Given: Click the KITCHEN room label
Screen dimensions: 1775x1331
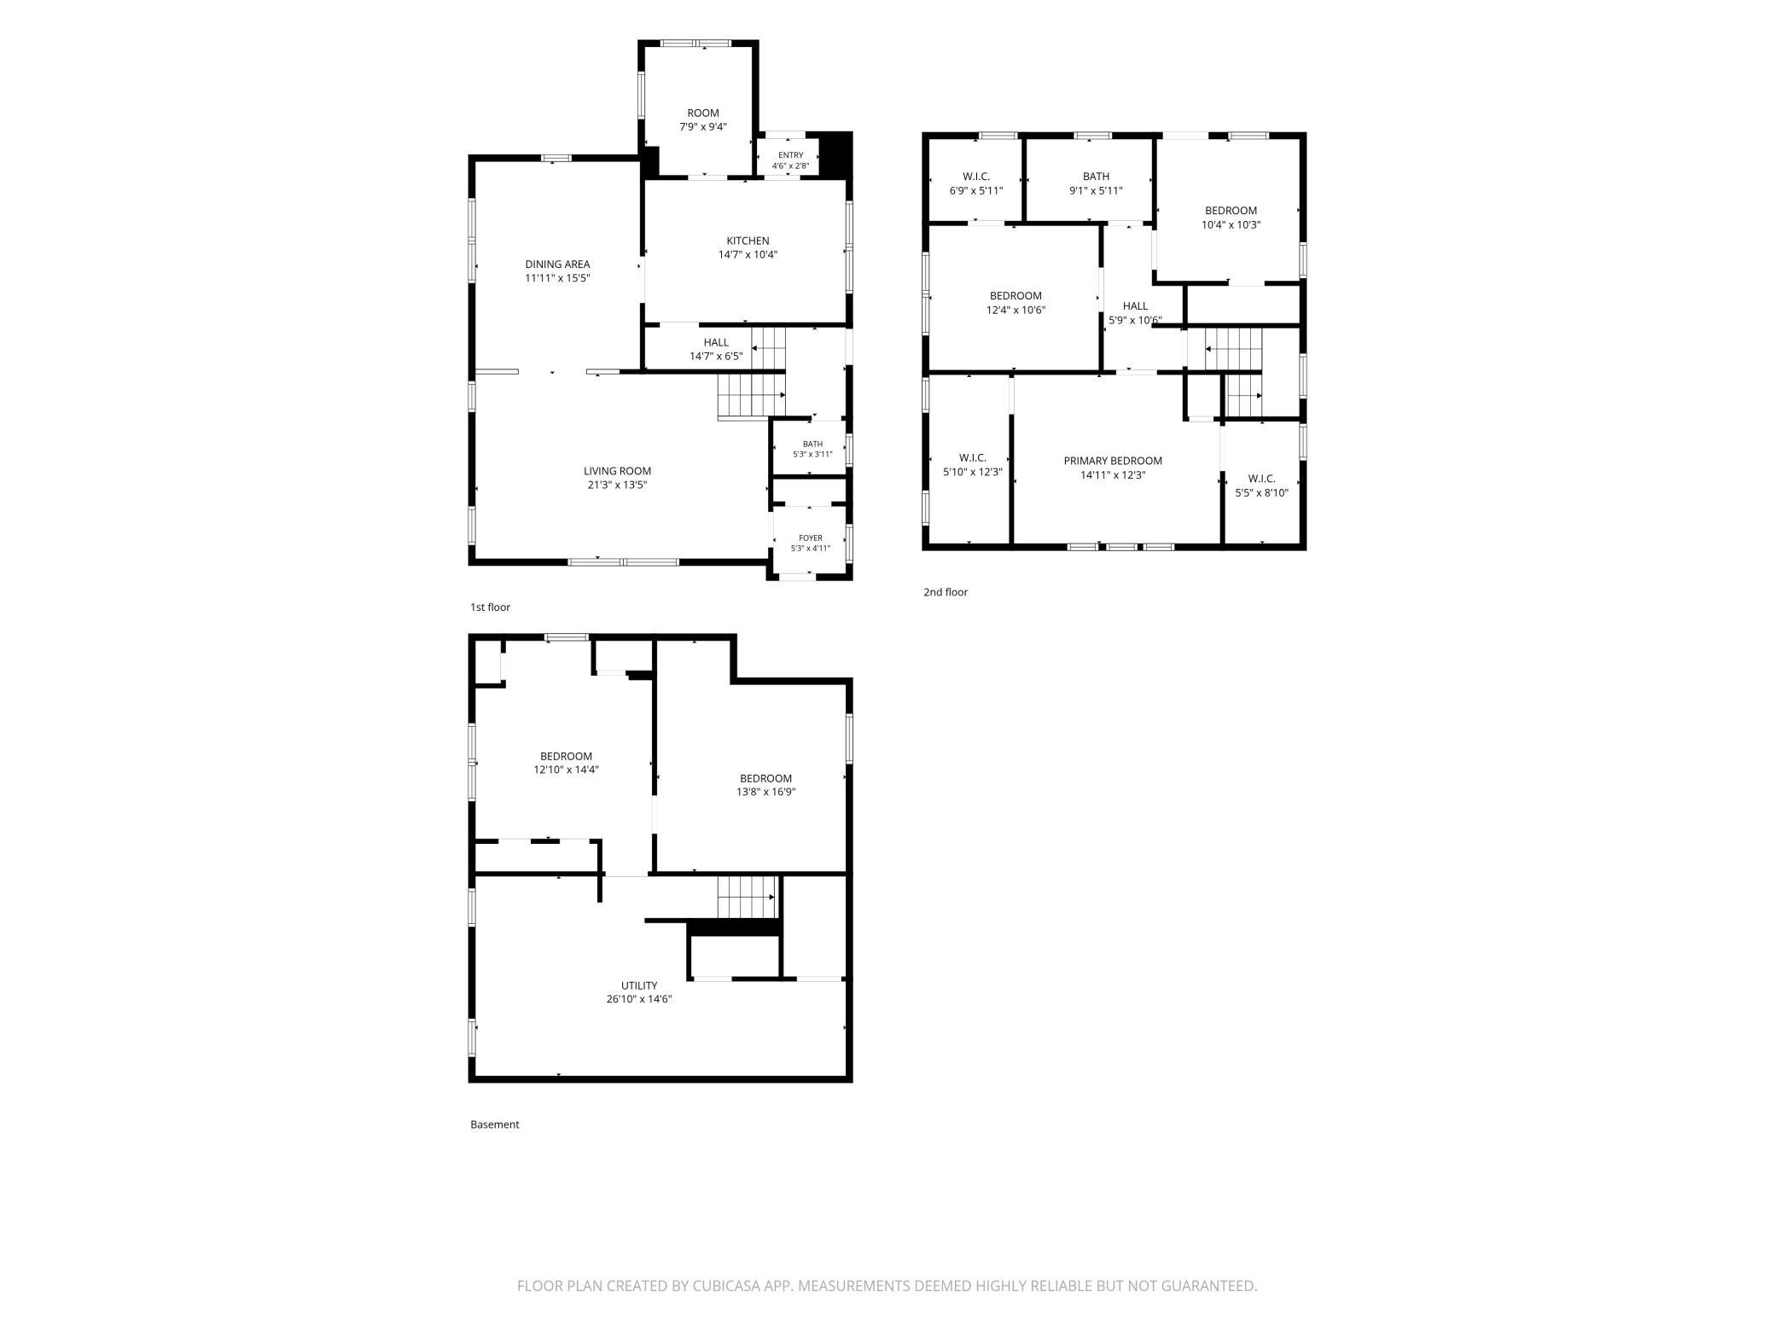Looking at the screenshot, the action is tap(748, 241).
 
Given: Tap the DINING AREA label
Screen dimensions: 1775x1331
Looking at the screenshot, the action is tap(557, 264).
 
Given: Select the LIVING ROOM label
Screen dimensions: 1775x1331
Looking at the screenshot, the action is tap(617, 471).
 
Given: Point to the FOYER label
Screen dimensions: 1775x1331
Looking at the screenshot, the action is tap(811, 538).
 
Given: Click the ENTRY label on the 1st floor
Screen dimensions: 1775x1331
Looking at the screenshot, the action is tap(790, 155).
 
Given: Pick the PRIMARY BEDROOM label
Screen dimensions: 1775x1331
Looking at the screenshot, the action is tap(1113, 461).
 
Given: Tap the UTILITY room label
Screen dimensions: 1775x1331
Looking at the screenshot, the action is tap(639, 985).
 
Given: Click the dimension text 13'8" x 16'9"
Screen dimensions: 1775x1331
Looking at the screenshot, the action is tap(766, 792).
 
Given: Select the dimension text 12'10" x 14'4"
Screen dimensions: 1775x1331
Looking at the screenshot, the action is tap(566, 770).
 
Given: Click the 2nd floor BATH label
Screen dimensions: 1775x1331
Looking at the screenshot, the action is tap(1096, 177).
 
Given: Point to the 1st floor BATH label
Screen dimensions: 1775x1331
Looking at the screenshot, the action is tap(812, 444).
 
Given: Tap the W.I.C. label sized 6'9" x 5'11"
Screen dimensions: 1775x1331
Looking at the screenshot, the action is tap(975, 177).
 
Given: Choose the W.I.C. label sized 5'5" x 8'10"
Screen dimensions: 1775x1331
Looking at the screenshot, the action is tap(1261, 479).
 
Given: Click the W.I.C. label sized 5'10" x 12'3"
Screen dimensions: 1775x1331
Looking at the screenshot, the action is tap(972, 458).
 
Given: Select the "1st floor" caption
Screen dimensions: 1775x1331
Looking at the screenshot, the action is tap(490, 607).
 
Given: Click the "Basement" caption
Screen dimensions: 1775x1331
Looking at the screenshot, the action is tap(495, 1125).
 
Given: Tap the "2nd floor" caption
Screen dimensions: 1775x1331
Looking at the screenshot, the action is tap(946, 592).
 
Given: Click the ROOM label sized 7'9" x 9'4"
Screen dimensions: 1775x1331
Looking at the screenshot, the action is tap(703, 113).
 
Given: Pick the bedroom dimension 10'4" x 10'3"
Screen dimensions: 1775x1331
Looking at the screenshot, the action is tap(1231, 225).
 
